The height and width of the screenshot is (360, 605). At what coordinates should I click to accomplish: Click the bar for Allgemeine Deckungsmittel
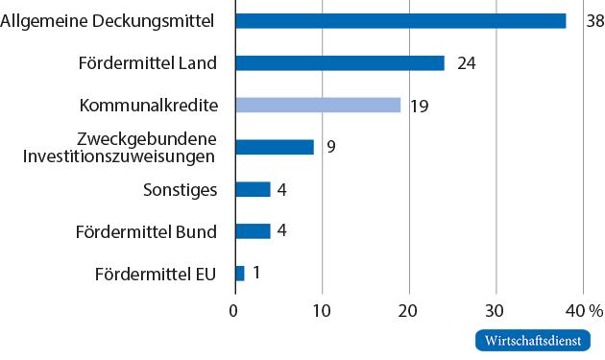pyautogui.click(x=400, y=21)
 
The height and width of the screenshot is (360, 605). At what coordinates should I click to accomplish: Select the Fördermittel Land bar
pyautogui.click(x=340, y=63)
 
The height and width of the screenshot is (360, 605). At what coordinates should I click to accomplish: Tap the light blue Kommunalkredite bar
pyautogui.click(x=318, y=106)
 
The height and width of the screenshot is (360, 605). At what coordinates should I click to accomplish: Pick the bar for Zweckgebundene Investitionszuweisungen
pyautogui.click(x=275, y=147)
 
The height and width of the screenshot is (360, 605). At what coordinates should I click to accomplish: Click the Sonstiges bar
pyautogui.click(x=253, y=189)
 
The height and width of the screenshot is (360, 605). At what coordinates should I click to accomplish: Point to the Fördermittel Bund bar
pyautogui.click(x=253, y=231)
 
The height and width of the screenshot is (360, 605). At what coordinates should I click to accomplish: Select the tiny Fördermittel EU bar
pyautogui.click(x=240, y=274)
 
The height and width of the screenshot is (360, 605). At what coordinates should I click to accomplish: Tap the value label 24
pyautogui.click(x=466, y=63)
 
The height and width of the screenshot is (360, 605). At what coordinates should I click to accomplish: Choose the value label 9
pyautogui.click(x=330, y=147)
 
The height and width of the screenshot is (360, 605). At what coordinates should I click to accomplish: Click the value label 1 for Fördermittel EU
pyautogui.click(x=256, y=274)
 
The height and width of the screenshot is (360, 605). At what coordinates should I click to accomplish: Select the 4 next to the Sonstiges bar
pyautogui.click(x=282, y=189)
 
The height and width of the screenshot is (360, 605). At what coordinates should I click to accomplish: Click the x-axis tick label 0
pyautogui.click(x=234, y=310)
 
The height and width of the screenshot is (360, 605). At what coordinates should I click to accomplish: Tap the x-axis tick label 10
pyautogui.click(x=322, y=310)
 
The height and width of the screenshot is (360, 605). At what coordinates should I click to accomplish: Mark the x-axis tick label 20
pyautogui.click(x=409, y=310)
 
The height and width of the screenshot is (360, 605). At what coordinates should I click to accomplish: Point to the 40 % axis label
pyautogui.click(x=583, y=310)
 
